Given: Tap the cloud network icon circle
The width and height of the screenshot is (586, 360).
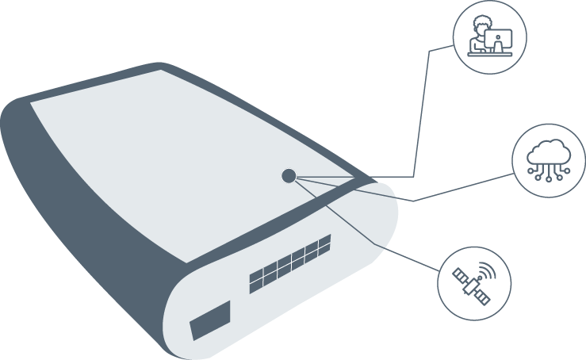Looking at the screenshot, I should pos(550,160).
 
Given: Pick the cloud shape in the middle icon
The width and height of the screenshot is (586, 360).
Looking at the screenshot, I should pos(550,152).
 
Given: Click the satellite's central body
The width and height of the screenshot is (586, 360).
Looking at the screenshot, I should pos(472,283).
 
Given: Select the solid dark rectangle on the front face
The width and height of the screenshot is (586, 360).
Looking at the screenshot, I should pos(209,320).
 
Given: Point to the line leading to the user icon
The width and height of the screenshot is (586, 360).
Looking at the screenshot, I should pos(420,111).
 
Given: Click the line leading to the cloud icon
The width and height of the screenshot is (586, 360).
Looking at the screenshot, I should pos(460,187).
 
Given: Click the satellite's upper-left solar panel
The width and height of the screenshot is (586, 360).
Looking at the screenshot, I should pos(460,274).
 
